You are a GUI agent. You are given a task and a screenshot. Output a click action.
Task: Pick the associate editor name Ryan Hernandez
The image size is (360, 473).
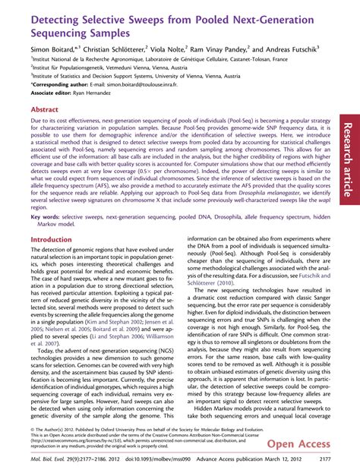(x=102, y=93)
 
